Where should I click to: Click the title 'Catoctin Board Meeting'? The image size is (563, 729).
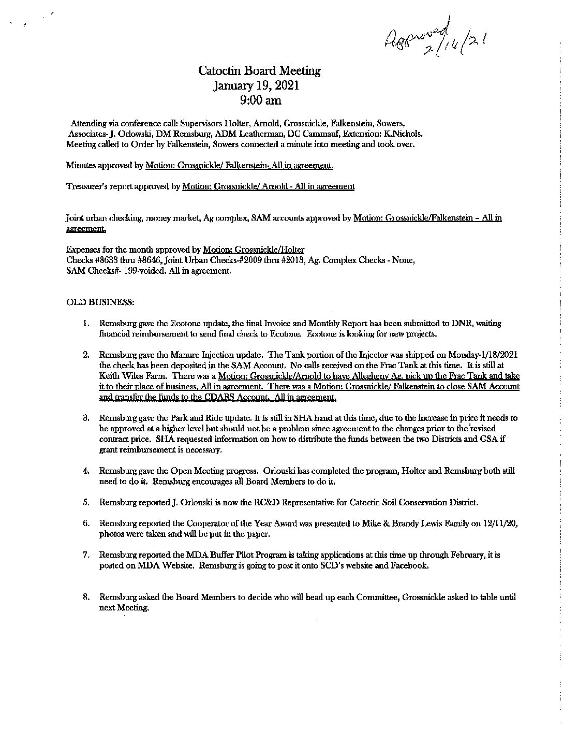point(260,71)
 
